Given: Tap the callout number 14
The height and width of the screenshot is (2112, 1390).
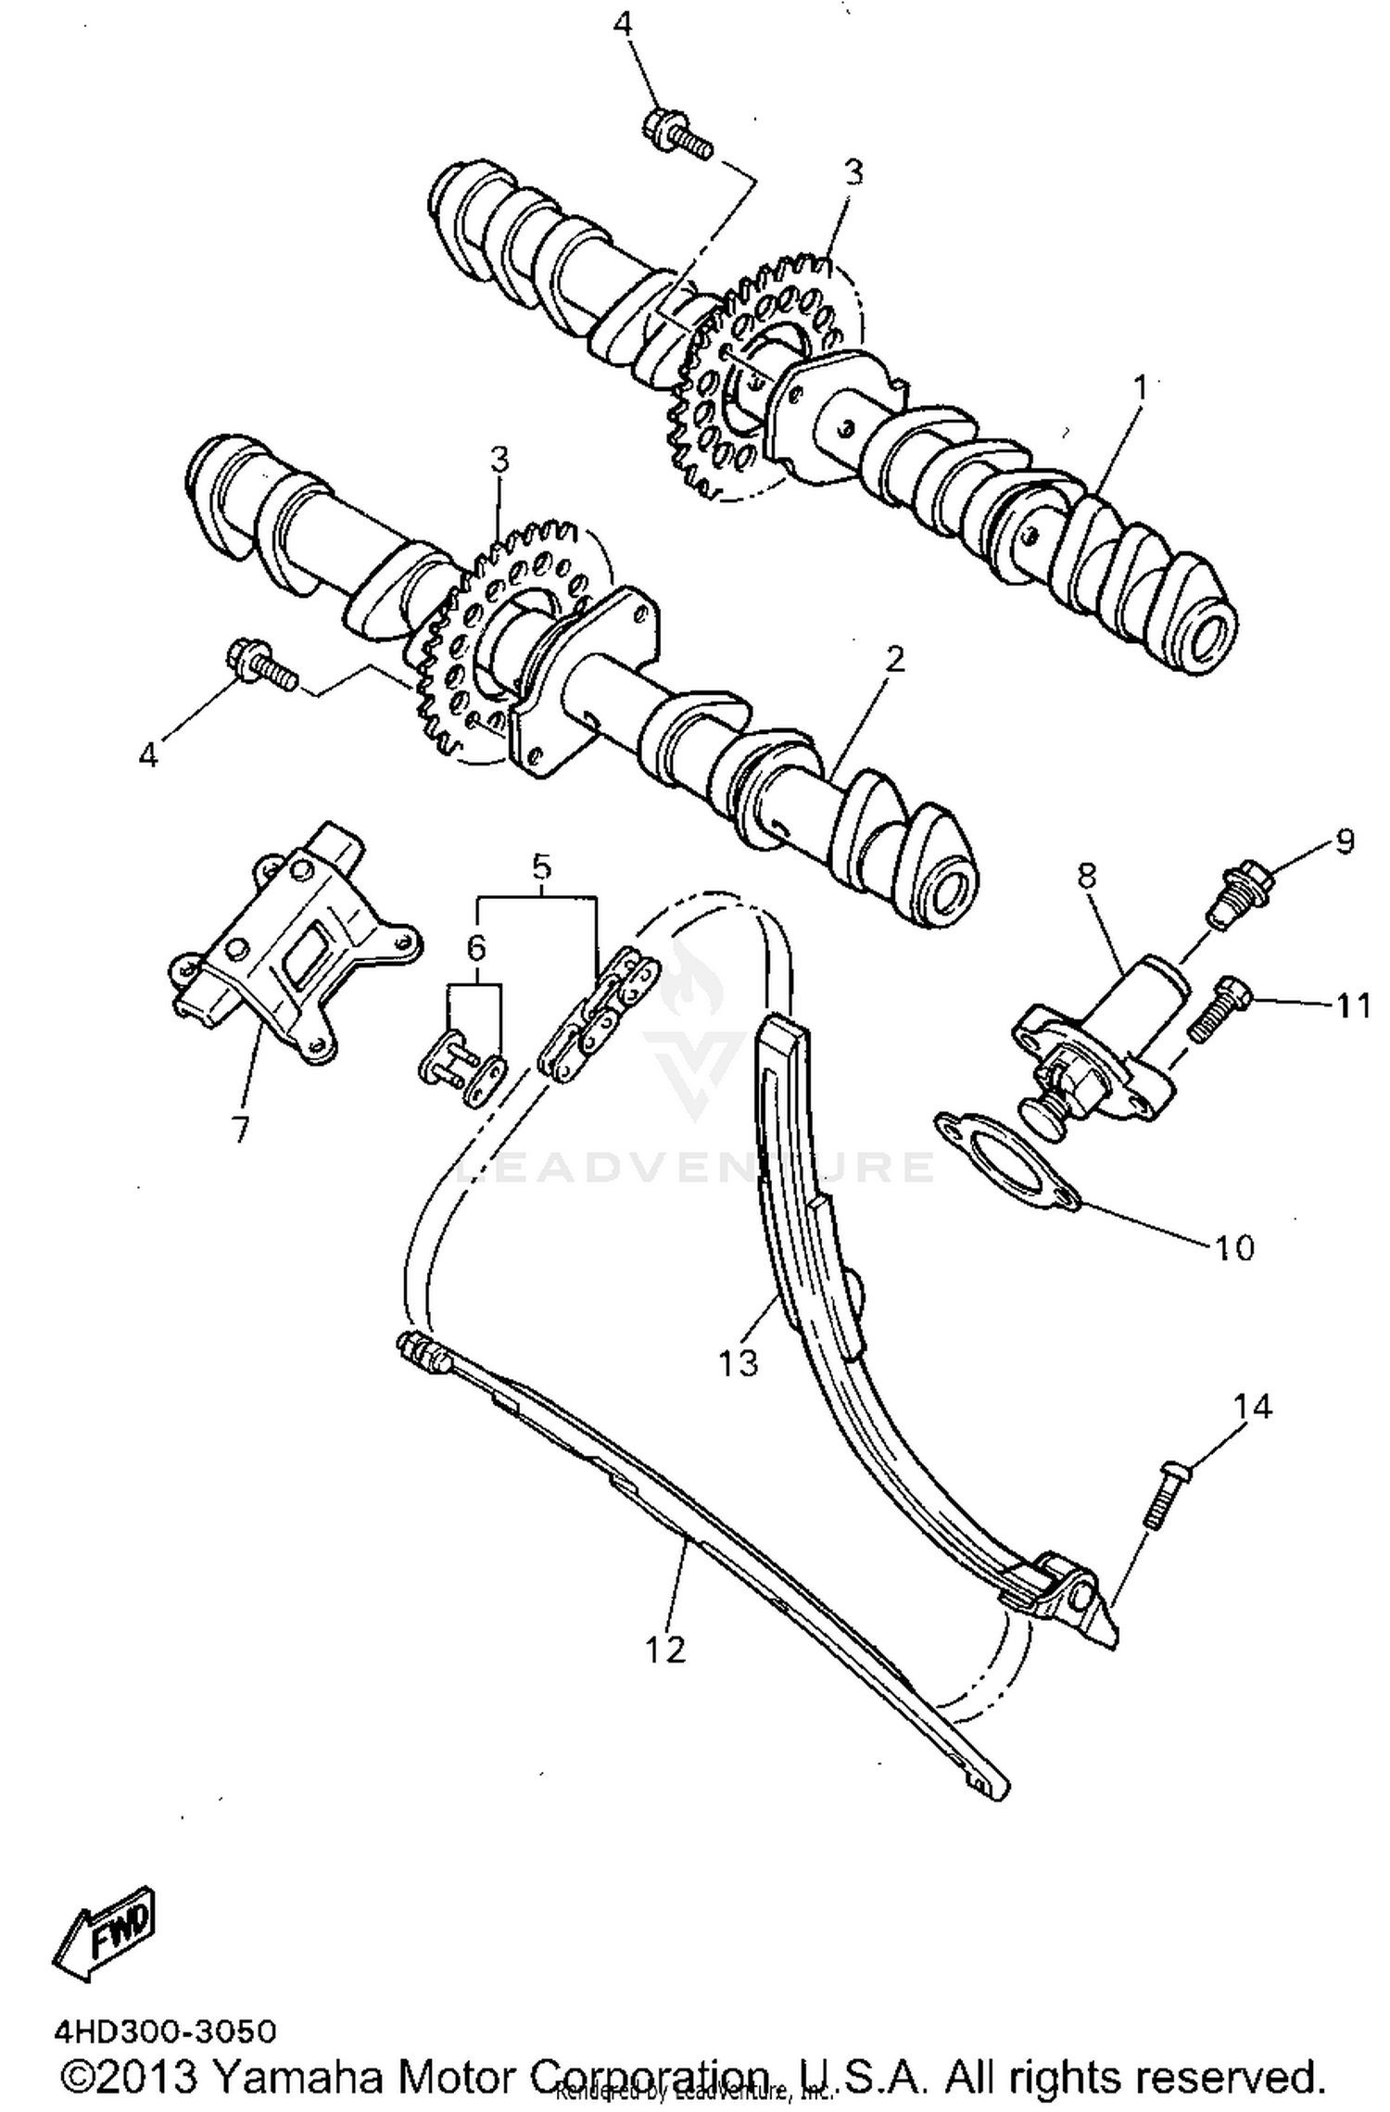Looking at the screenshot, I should (1252, 1407).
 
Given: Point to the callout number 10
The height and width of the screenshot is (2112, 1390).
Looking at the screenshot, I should (1233, 1247).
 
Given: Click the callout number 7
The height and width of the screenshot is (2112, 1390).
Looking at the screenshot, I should (240, 1128).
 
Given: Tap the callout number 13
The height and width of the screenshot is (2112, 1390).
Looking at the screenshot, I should (739, 1362).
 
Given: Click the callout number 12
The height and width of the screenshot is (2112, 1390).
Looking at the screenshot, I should (665, 1650).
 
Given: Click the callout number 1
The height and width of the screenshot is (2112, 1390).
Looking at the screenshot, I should (1141, 386).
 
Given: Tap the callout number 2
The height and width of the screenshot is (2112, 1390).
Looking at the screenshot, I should (894, 659).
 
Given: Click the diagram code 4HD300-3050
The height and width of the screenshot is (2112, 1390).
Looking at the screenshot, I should (165, 2031).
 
